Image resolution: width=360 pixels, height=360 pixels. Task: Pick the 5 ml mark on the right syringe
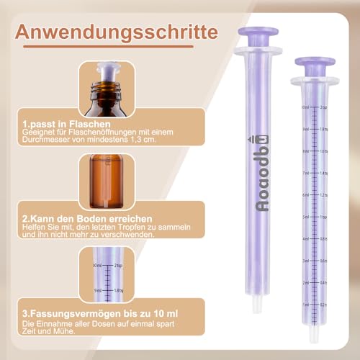click(x=306, y=217)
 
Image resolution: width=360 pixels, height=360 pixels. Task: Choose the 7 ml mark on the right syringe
click(x=306, y=174)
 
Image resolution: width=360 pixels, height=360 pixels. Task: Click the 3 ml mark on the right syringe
click(x=306, y=261)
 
